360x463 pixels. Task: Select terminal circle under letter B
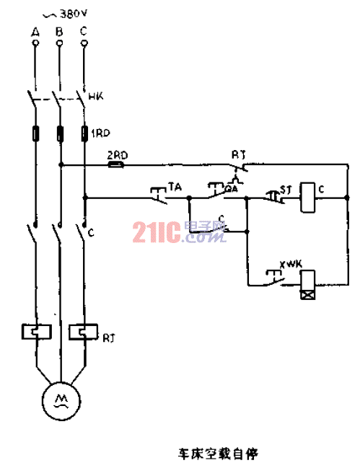click(x=59, y=43)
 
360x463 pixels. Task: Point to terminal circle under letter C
click(x=84, y=43)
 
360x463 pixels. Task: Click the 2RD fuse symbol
click(x=115, y=164)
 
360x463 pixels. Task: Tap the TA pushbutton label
click(x=174, y=187)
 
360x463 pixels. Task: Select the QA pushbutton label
click(x=232, y=188)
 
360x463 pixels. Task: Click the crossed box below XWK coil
click(x=308, y=294)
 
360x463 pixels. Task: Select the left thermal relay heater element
click(x=35, y=332)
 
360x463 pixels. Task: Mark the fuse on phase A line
click(x=35, y=133)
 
